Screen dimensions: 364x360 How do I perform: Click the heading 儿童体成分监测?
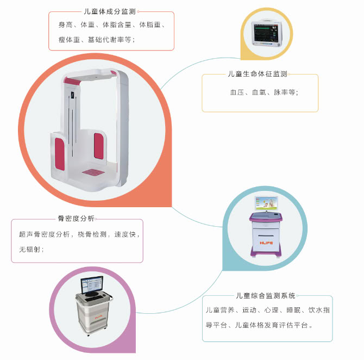pyautogui.click(x=110, y=11)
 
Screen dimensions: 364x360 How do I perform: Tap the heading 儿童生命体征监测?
pyautogui.click(x=258, y=74)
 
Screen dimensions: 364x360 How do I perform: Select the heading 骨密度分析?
pyautogui.click(x=76, y=219)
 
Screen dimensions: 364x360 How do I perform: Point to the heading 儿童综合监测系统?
pyautogui.click(x=266, y=296)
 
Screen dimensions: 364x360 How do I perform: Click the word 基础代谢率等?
pyautogui.click(x=110, y=40)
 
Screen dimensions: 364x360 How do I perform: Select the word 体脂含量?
pyautogui.click(x=117, y=24)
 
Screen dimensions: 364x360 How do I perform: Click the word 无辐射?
pyautogui.click(x=30, y=250)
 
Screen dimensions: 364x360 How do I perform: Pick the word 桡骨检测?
pyautogui.click(x=92, y=234)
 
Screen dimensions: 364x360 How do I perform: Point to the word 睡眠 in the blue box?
pyautogui.click(x=293, y=310)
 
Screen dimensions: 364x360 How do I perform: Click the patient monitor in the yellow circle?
pyautogui.click(x=266, y=33)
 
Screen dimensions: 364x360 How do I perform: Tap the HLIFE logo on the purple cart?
pyautogui.click(x=266, y=243)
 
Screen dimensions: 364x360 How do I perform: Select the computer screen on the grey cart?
pyautogui.click(x=92, y=285)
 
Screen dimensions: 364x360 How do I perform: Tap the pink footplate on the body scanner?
pyautogui.click(x=93, y=172)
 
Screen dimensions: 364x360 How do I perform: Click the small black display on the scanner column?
pyautogui.click(x=72, y=95)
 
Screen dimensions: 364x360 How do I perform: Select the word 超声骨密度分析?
pyautogui.click(x=45, y=234)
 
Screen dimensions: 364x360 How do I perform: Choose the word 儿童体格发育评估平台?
pyautogui.click(x=272, y=325)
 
